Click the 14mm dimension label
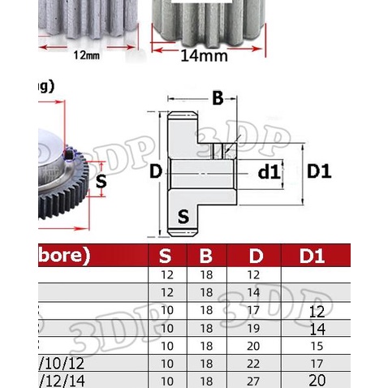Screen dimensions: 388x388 pyautogui.click(x=203, y=57)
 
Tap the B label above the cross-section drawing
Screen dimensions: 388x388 pyautogui.click(x=217, y=99)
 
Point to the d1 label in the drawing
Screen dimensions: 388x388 pyautogui.click(x=268, y=172)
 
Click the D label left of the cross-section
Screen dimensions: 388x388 pyautogui.click(x=157, y=172)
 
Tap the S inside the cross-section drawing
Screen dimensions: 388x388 pyautogui.click(x=183, y=217)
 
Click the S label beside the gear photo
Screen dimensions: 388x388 pyautogui.click(x=101, y=182)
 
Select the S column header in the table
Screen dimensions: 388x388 pyautogui.click(x=165, y=257)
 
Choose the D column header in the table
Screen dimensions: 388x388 pyautogui.click(x=256, y=257)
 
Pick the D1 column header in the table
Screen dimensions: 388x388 pyautogui.click(x=312, y=257)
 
